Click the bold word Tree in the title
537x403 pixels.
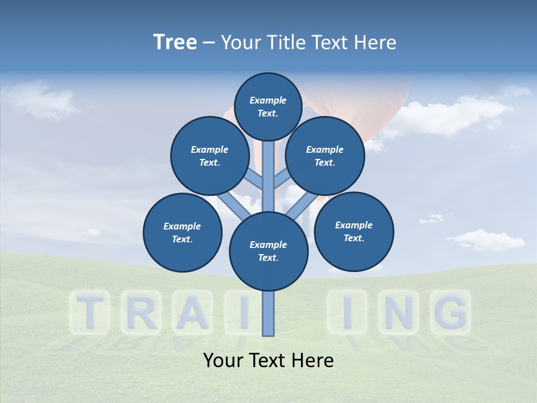pyautogui.click(x=175, y=42)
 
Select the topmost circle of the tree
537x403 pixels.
pyautogui.click(x=268, y=106)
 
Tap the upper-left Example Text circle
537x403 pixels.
pyautogui.click(x=209, y=156)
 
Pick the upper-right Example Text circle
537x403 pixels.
pyautogui.click(x=324, y=156)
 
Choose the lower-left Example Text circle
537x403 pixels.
pyautogui.click(x=182, y=232)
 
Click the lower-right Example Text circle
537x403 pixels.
pyautogui.click(x=354, y=231)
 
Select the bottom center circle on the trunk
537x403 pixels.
pyautogui.click(x=268, y=251)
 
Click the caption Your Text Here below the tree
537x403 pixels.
pyautogui.click(x=268, y=360)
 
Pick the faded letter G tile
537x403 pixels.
pyautogui.click(x=450, y=312)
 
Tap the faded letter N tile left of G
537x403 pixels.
pyautogui.click(x=398, y=312)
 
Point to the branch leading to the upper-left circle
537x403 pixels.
pyautogui.click(x=255, y=179)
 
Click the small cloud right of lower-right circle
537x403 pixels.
pyautogui.click(x=485, y=239)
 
